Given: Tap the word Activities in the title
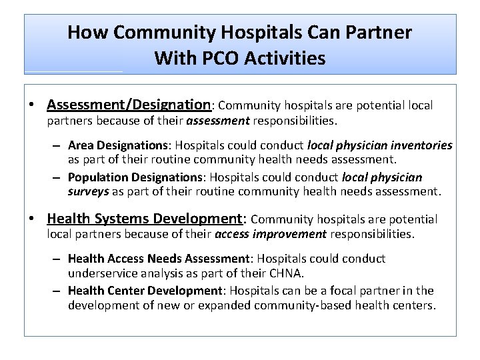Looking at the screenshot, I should click(x=285, y=59).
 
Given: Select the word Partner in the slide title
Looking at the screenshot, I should click(x=379, y=32).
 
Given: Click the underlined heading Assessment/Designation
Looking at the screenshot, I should click(x=129, y=105).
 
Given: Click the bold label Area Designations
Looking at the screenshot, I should click(x=117, y=145).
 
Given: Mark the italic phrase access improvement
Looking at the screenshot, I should click(x=271, y=234).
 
